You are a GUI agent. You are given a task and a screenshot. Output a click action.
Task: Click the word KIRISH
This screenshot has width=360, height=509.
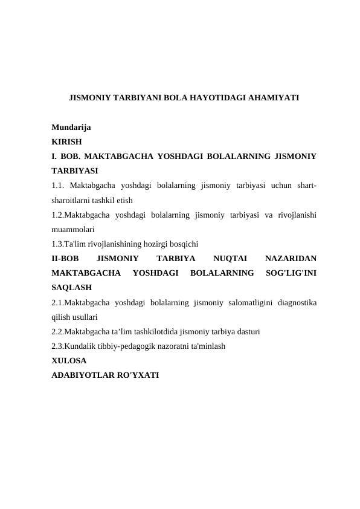(65, 142)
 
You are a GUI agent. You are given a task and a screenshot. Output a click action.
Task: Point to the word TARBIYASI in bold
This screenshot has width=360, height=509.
(75, 171)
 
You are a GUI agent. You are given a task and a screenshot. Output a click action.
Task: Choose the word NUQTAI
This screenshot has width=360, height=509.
(213, 258)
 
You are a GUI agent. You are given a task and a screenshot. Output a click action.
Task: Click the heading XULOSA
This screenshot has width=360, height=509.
(69, 360)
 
